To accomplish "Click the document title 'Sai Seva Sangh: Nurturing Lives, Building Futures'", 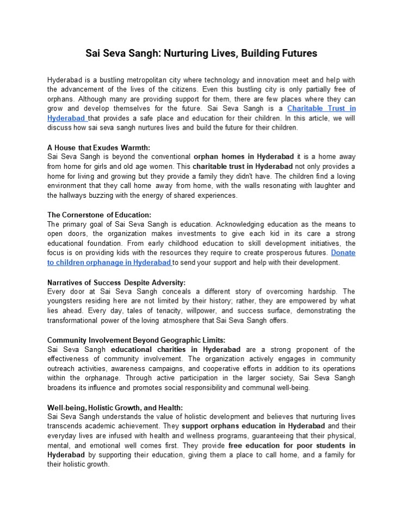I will coord(201,53).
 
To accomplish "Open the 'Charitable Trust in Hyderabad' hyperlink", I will coord(321,108).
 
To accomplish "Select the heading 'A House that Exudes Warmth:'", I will coord(98,147).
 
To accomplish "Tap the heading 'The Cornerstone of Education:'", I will coord(99,215).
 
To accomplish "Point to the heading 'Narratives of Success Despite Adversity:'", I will coord(116,282).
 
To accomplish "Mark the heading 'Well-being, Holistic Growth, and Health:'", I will coord(115,408).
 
